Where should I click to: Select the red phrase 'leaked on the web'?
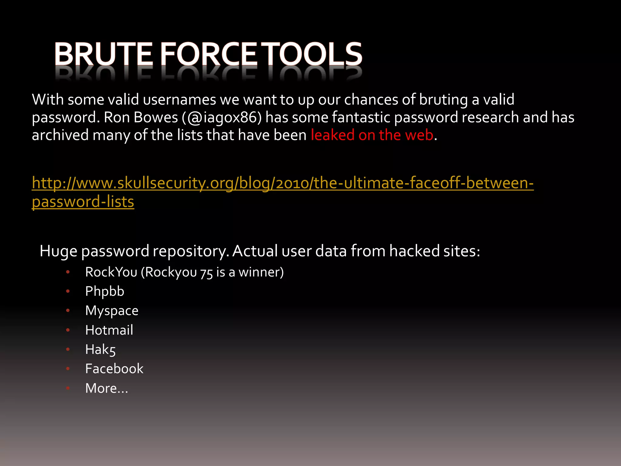coord(372,135)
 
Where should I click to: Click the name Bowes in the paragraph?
coord(156,117)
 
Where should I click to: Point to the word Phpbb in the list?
coord(105,291)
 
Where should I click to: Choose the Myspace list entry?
coord(112,311)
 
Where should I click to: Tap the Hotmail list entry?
coord(109,330)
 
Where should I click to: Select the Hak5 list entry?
coord(100,349)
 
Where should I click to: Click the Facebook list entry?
coord(114,369)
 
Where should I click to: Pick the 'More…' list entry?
coord(106,388)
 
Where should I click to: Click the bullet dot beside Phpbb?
coord(68,291)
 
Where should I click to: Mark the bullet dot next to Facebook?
coord(68,369)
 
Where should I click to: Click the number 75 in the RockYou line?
coord(206,272)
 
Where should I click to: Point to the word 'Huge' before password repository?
coord(58,251)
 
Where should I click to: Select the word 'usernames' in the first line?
coord(179,100)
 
